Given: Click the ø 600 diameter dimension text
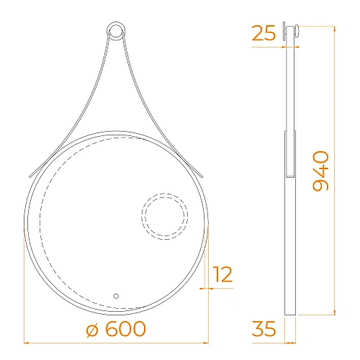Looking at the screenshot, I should click(x=115, y=329).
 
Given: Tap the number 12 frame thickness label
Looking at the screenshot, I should click(x=223, y=274).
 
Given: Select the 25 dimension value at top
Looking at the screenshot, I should click(x=264, y=33).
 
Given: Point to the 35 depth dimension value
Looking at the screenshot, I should click(x=265, y=329).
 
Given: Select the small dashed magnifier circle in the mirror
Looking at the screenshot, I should click(x=165, y=215).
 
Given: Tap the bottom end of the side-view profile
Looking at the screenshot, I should click(x=290, y=314).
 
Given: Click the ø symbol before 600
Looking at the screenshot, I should click(x=92, y=330).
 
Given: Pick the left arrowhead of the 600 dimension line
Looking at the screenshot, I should click(x=26, y=341).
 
